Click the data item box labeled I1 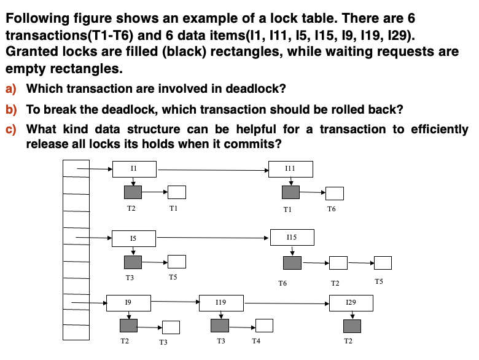(x=134, y=169)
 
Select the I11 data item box (x=290, y=169)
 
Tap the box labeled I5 (x=134, y=239)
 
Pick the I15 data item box (x=292, y=238)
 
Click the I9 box (x=128, y=303)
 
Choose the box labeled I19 (x=221, y=303)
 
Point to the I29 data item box (x=351, y=303)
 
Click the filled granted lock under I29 (x=352, y=326)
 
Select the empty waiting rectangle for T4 (x=264, y=326)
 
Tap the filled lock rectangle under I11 (x=290, y=192)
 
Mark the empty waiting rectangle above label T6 (x=335, y=194)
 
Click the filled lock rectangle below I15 (x=292, y=263)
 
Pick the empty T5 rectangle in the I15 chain (x=383, y=263)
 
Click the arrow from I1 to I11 (x=213, y=170)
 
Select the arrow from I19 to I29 (x=287, y=303)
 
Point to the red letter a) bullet (x=10, y=89)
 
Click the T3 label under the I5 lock (x=130, y=278)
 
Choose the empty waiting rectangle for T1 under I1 (x=177, y=192)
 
